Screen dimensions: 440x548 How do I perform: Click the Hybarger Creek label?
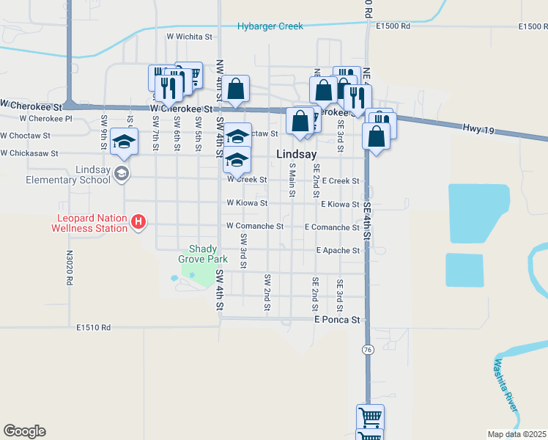(x=270, y=26)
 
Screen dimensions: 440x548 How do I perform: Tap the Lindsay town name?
(x=296, y=155)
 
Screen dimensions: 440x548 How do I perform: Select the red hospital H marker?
(x=138, y=221)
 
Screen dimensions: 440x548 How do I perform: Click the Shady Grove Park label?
(x=203, y=254)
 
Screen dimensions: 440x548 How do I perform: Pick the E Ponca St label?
(x=337, y=320)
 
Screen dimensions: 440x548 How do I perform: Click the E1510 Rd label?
(x=93, y=328)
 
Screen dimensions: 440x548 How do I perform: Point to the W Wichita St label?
(x=188, y=35)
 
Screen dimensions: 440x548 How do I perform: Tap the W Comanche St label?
(x=254, y=227)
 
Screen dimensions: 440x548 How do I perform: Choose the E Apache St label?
(x=338, y=250)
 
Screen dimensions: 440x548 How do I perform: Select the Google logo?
(x=24, y=431)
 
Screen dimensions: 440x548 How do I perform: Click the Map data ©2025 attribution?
(x=516, y=434)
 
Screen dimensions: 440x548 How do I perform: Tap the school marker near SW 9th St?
(x=125, y=142)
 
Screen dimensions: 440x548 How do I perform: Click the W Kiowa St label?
(x=247, y=202)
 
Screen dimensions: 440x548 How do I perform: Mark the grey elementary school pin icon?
(x=122, y=175)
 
